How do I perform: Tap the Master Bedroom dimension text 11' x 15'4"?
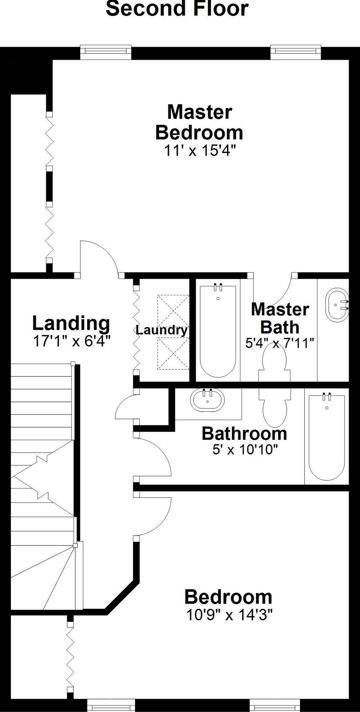(x=200, y=151)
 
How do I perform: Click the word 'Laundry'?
(x=162, y=330)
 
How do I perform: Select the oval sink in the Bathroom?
(x=207, y=400)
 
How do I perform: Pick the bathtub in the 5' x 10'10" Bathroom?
(x=327, y=437)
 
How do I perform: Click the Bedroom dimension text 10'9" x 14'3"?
(x=229, y=614)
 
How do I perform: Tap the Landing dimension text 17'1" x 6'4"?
(x=71, y=341)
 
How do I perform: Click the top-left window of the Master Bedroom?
(x=106, y=52)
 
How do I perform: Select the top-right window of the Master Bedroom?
(x=296, y=52)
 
